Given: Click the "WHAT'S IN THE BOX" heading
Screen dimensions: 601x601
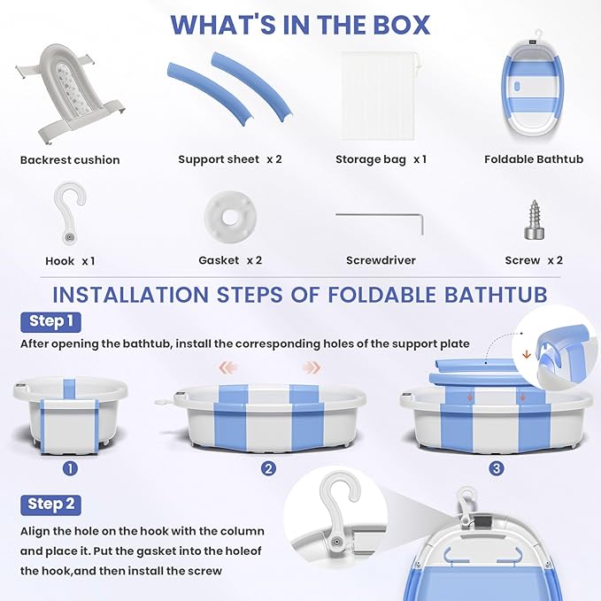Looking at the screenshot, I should click(x=300, y=25).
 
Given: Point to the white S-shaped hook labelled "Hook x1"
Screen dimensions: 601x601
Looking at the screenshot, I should click(x=69, y=214).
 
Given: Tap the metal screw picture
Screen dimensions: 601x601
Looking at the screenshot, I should click(x=533, y=217).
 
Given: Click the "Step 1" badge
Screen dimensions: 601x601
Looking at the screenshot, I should click(x=50, y=321).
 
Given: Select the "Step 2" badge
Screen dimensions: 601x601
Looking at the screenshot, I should click(x=50, y=504).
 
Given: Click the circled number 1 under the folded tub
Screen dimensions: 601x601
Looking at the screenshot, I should click(x=70, y=467).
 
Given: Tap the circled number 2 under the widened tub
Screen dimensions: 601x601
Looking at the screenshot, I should click(x=268, y=468).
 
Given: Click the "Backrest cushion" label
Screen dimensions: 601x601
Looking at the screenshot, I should click(x=70, y=160).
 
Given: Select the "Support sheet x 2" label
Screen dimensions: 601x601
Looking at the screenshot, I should click(x=230, y=159).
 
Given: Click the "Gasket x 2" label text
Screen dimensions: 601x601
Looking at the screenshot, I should click(x=230, y=261).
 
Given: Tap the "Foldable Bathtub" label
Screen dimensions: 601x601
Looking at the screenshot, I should click(x=534, y=159).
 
